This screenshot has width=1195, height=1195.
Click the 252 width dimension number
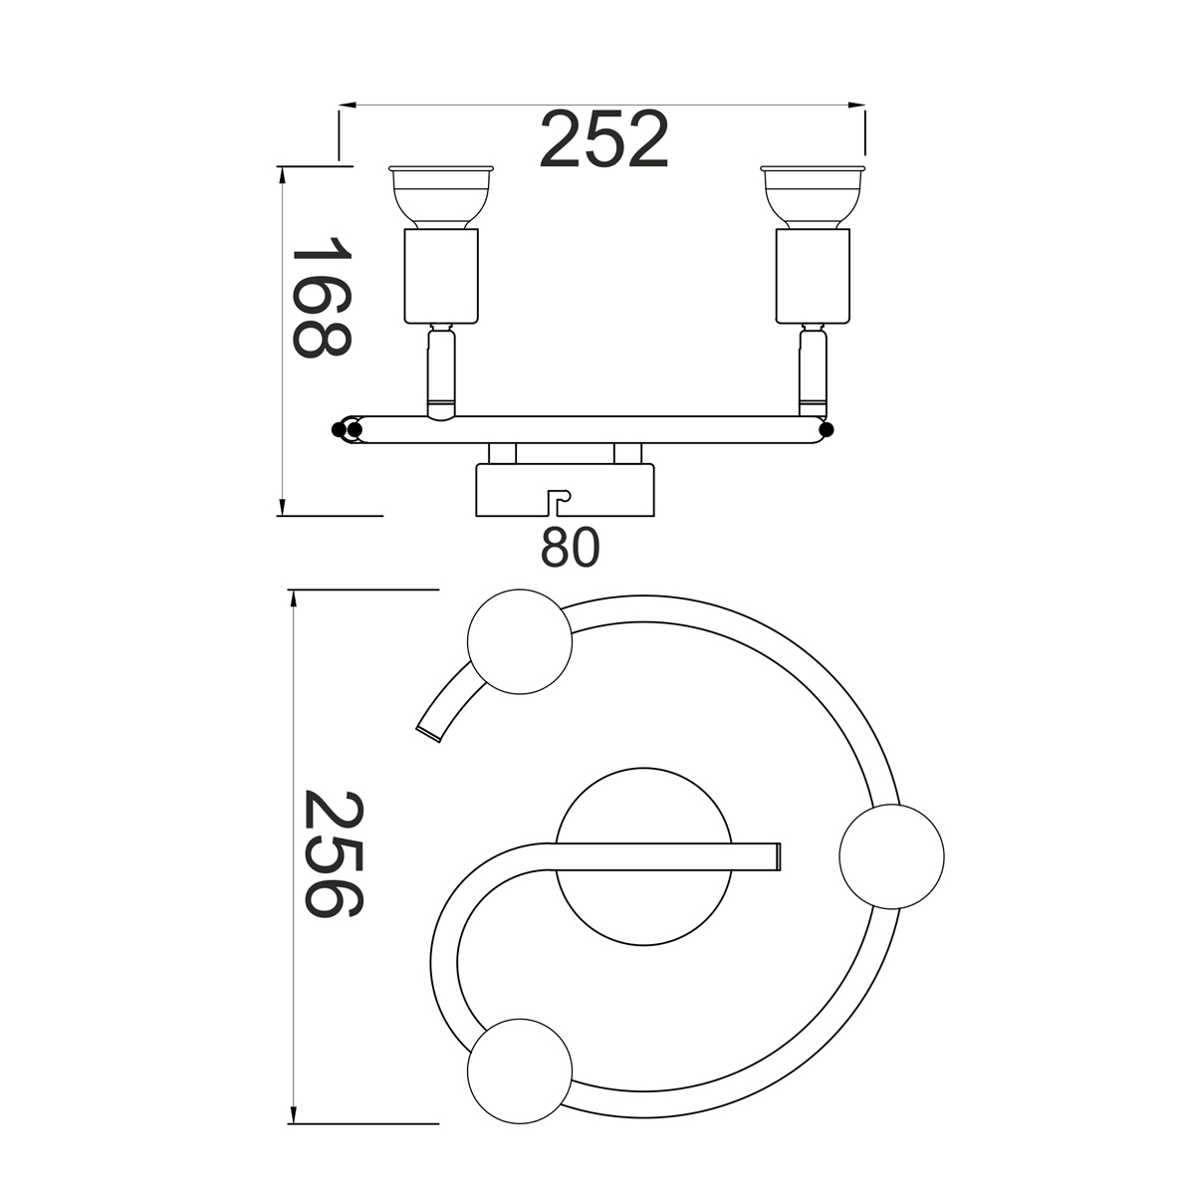pos(604,139)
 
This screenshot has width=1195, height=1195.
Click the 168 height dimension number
pos(322,297)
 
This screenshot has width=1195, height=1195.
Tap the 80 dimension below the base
pos(570,547)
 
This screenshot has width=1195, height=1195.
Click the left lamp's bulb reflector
pos(441,196)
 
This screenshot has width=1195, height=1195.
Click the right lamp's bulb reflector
pos(813,196)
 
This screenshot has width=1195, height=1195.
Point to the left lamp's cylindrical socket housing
pos(441,277)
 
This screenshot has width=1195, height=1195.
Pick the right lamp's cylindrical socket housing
pos(813,277)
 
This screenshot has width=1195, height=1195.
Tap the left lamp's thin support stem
pos(441,373)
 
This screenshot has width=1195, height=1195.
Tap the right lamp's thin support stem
pos(813,372)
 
